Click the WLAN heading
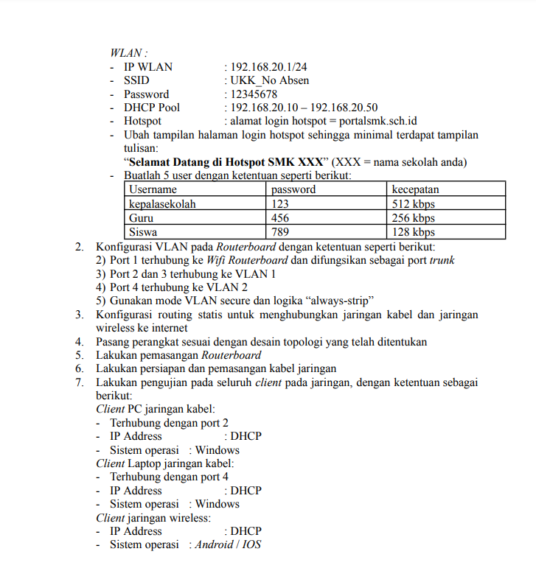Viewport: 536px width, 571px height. click(x=128, y=53)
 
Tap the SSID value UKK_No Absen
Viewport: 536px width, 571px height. click(x=269, y=80)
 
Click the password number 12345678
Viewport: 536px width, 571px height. click(x=254, y=94)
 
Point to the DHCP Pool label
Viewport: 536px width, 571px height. click(x=152, y=108)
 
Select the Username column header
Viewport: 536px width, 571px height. click(x=153, y=189)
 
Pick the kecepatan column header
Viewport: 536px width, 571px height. click(x=415, y=189)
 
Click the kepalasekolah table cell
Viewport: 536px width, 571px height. click(x=162, y=204)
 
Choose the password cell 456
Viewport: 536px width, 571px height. click(x=280, y=218)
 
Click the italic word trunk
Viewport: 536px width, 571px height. click(x=442, y=260)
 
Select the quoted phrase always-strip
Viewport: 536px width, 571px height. click(x=335, y=301)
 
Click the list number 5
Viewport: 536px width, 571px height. click(x=79, y=355)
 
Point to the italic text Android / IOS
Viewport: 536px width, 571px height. click(x=228, y=545)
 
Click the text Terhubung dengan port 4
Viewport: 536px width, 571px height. click(x=169, y=477)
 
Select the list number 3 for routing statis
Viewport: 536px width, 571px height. click(x=79, y=315)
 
